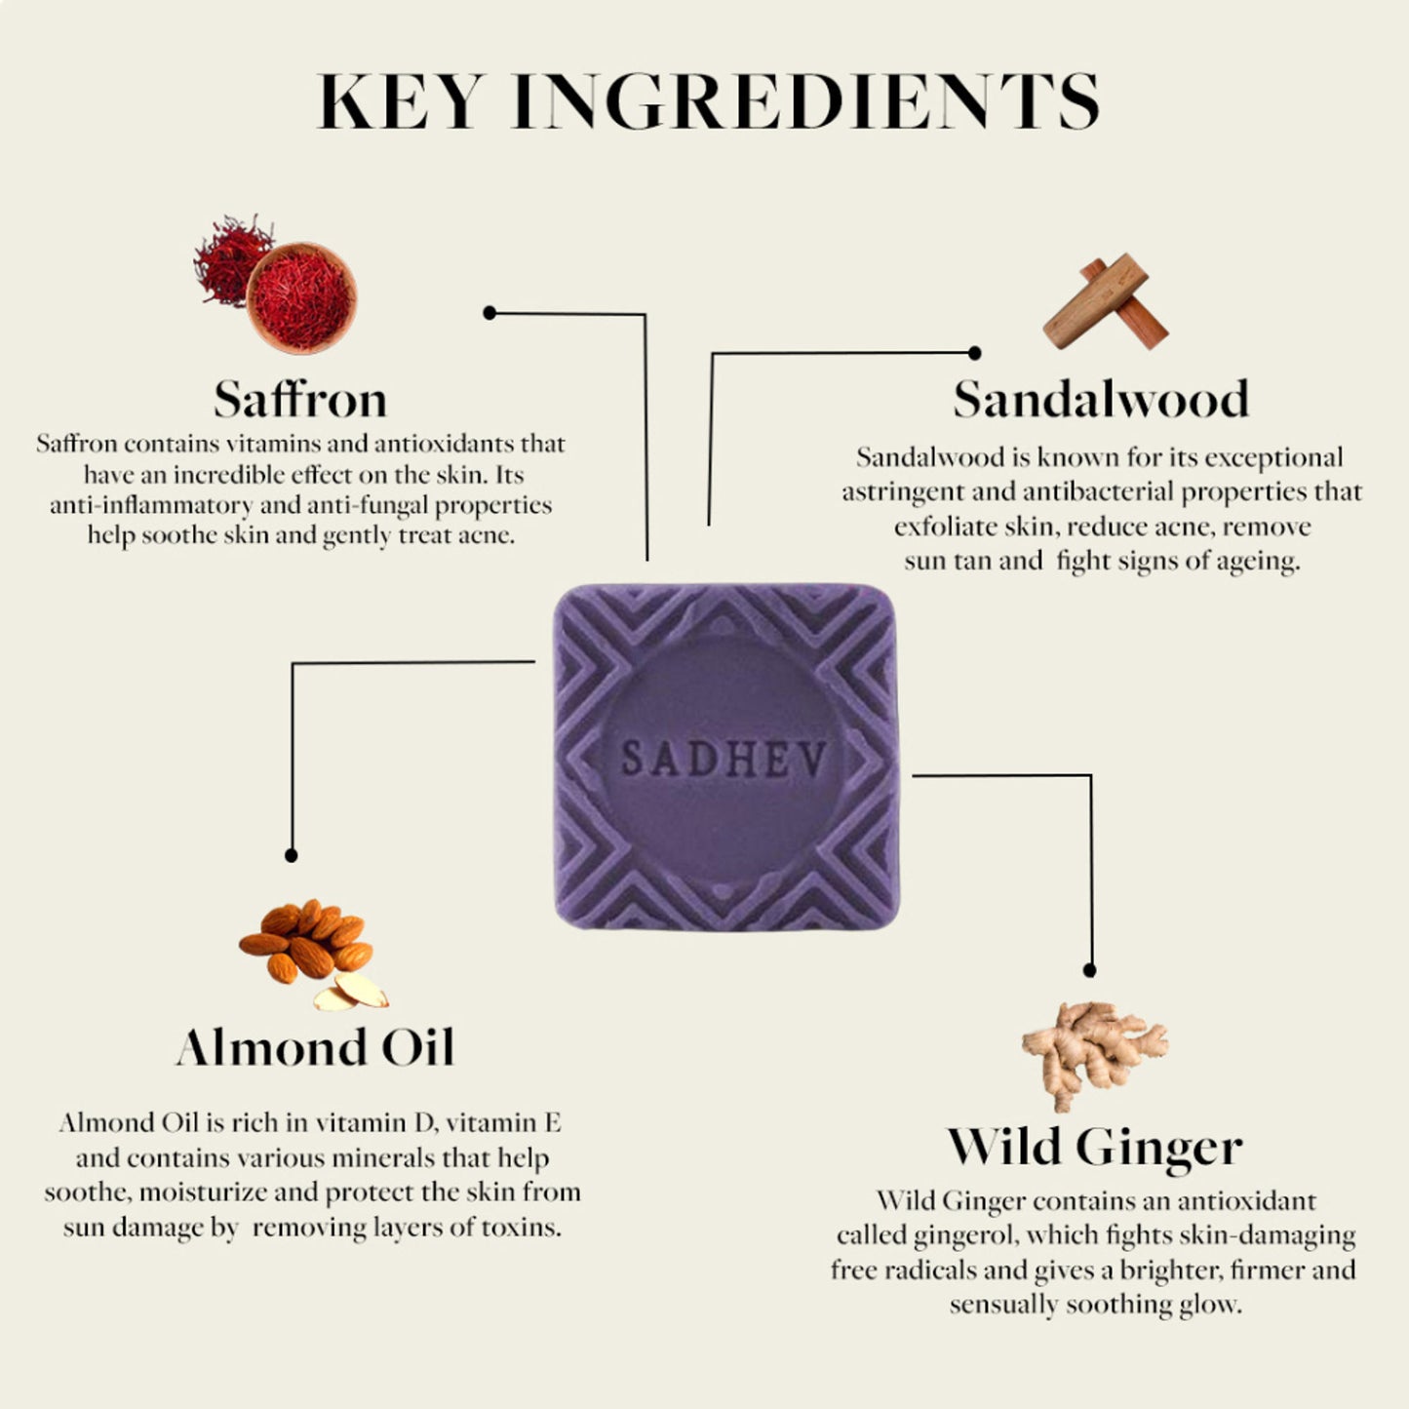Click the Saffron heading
tap(300, 399)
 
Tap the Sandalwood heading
tap(1101, 399)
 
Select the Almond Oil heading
tap(315, 1047)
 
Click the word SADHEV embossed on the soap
tap(724, 759)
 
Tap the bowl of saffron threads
tap(301, 297)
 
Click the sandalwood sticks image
tap(1105, 301)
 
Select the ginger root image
tap(1094, 1055)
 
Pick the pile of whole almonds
tap(305, 940)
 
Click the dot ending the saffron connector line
tap(489, 313)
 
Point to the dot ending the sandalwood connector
tap(974, 353)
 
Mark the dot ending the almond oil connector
tap(291, 855)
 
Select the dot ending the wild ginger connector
tap(1089, 971)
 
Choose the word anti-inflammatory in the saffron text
tap(151, 505)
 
